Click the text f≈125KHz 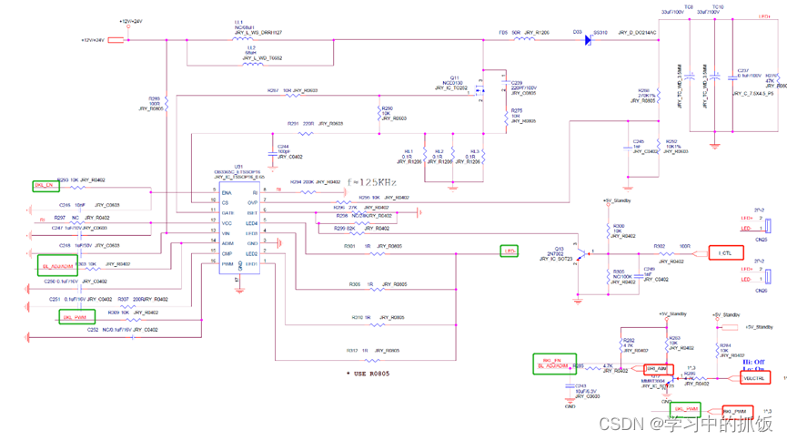[x=371, y=182]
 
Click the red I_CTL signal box [x=725, y=252]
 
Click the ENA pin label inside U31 [x=227, y=193]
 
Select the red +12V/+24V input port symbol [x=116, y=40]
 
